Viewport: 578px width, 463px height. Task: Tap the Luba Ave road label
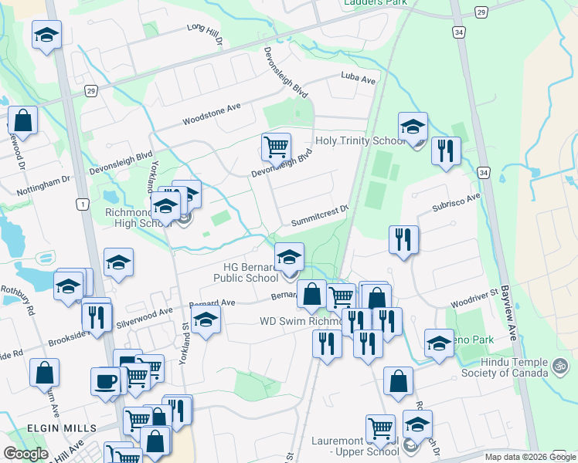[x=358, y=78]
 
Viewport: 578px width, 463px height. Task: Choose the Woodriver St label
[x=474, y=297]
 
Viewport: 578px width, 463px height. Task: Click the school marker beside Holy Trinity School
[x=413, y=127]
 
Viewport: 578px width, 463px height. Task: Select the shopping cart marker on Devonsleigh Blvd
[x=276, y=145]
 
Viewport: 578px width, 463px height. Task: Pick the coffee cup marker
[x=105, y=380]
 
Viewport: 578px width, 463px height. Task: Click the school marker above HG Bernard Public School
[x=290, y=257]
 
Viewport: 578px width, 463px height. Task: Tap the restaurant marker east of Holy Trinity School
[x=445, y=151]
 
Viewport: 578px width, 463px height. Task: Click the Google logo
[x=25, y=454]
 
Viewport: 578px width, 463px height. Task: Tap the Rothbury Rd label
[x=30, y=302]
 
